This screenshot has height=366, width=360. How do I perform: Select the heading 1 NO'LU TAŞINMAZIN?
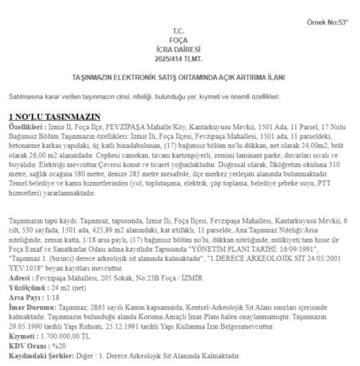click(54, 116)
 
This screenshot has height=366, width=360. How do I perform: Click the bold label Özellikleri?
click(26, 126)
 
